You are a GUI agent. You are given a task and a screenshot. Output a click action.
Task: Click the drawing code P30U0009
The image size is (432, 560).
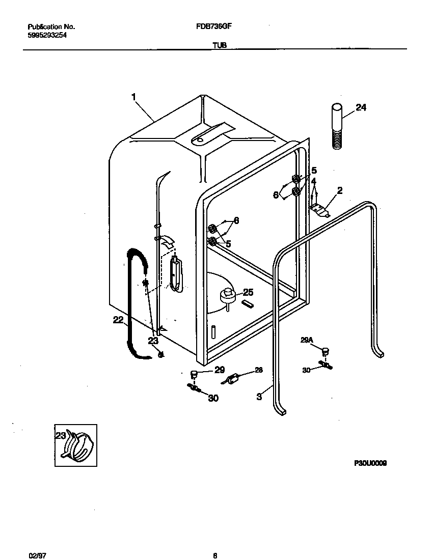point(370,463)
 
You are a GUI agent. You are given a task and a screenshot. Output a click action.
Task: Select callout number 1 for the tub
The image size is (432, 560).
point(134,96)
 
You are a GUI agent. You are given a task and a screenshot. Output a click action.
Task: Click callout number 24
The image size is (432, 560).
point(361,107)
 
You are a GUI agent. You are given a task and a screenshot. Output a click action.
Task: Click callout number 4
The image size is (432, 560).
point(313,181)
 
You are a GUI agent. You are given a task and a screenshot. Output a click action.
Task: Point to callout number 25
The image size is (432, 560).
point(248,292)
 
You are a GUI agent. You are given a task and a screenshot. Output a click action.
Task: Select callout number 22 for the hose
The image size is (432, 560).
point(118,320)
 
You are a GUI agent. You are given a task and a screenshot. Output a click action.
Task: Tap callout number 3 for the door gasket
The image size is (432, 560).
point(259,396)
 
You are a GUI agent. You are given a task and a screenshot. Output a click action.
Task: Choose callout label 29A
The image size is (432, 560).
point(306,340)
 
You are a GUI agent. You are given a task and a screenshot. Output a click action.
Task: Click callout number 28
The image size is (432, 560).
point(259,370)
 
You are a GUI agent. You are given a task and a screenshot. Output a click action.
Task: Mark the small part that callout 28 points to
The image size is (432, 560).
point(233,379)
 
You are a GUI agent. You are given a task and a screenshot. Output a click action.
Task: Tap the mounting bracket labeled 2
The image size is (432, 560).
point(320,209)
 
